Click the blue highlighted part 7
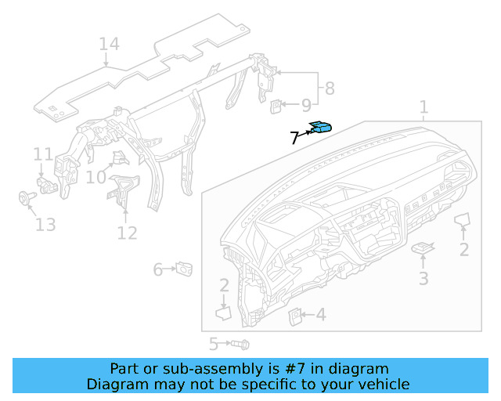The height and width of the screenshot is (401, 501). pos(321,128)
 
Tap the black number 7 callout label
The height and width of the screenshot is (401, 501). pos(294,139)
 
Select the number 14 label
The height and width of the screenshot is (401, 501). pos(109,44)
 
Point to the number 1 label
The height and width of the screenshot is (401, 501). pos(424,107)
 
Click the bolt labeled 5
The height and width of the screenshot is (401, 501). pos(240,344)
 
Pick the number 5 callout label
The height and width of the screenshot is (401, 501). pos(213,344)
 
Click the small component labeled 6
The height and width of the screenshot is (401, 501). pos(186,269)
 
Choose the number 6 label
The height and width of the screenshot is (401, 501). pos(158,269)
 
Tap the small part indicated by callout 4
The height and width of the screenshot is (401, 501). pos(297,316)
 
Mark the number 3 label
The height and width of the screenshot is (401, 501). pos(424,278)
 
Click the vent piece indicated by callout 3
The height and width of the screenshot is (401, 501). pos(423,248)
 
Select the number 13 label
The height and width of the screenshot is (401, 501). pos(45,226)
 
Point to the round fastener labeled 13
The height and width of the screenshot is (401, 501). pos(24,197)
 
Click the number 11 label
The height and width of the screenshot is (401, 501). pos(42,154)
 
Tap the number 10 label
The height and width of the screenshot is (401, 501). pos(96,178)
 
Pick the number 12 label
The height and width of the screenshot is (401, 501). pos(127,233)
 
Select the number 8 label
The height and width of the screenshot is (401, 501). pos(330,89)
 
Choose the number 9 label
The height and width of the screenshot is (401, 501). pos(306,104)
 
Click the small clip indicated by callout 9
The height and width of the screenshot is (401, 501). pos(277,104)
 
